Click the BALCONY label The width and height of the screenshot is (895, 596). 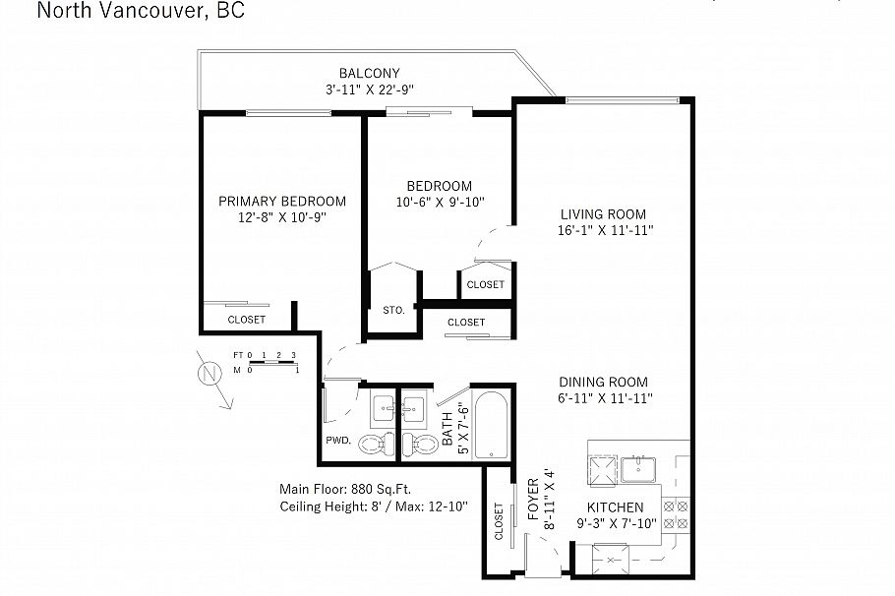click(369, 73)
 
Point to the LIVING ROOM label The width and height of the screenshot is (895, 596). click(603, 214)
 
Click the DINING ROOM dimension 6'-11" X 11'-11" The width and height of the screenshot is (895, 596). click(603, 398)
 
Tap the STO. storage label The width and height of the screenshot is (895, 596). click(393, 310)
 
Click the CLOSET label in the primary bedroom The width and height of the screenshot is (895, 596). click(246, 320)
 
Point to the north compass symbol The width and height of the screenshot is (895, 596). click(209, 375)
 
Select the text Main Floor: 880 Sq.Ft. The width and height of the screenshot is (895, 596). click(345, 488)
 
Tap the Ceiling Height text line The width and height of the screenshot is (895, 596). click(373, 506)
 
